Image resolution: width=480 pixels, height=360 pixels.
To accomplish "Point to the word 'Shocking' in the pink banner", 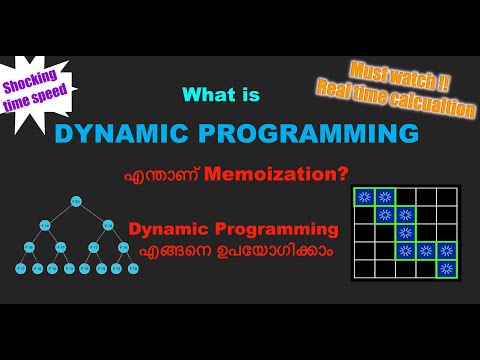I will coord(35,77).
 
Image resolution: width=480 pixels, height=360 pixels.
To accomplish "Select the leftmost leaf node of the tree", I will coord(19,268).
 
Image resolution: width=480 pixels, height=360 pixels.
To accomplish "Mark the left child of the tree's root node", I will coord(46,224).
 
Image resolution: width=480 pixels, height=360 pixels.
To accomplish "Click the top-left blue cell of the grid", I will coord(363,196).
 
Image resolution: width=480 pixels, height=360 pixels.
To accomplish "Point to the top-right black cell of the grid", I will coord(447,196).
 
